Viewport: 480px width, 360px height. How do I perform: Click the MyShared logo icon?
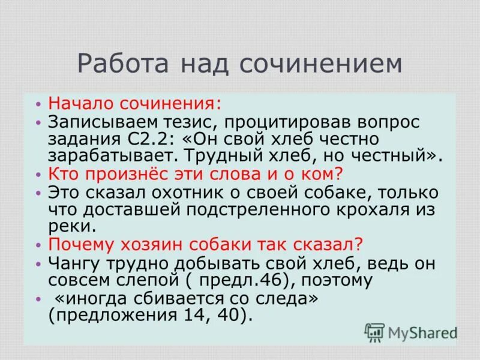pos(374,332)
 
